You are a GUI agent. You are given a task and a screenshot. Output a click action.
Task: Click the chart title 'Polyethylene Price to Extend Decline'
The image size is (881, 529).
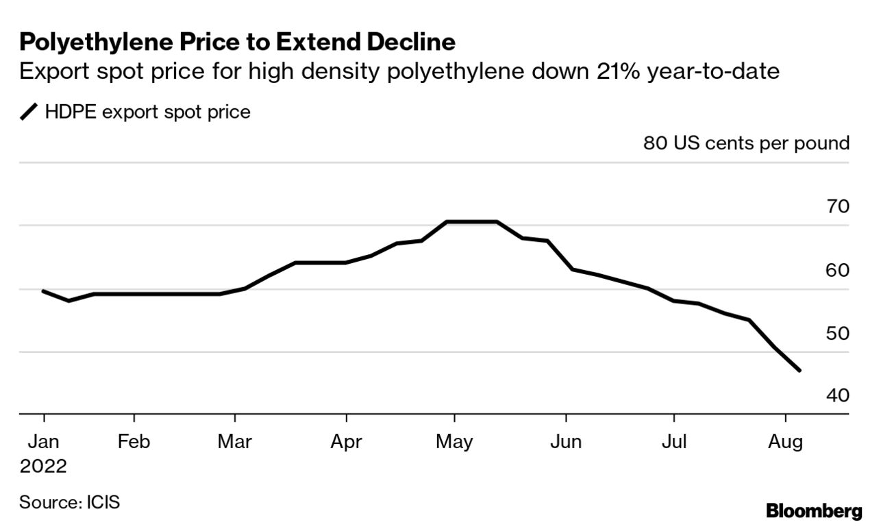pyautogui.click(x=237, y=42)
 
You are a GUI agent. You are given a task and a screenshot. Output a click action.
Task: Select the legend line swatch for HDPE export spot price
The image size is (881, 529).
pyautogui.click(x=29, y=112)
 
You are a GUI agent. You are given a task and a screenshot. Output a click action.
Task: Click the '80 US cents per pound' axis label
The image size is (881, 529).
pyautogui.click(x=746, y=144)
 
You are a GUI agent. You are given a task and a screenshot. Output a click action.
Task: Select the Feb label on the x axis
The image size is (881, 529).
pyautogui.click(x=134, y=442)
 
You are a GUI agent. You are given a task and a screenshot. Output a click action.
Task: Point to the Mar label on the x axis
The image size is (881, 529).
pyautogui.click(x=235, y=442)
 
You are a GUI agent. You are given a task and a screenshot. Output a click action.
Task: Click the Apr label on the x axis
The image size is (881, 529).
pyautogui.click(x=346, y=442)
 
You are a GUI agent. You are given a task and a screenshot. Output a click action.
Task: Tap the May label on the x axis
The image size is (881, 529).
pyautogui.click(x=454, y=442)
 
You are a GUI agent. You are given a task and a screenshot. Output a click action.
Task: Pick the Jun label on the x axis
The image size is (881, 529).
pyautogui.click(x=566, y=442)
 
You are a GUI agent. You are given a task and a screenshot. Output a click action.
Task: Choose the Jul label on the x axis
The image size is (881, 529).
pyautogui.click(x=674, y=442)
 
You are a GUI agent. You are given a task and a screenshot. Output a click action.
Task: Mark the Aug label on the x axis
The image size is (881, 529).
pyautogui.click(x=785, y=442)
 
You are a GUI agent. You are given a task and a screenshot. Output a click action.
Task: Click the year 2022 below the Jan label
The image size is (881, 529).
pyautogui.click(x=43, y=467)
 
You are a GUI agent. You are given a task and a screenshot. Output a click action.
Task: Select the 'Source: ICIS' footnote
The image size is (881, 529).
pyautogui.click(x=69, y=502)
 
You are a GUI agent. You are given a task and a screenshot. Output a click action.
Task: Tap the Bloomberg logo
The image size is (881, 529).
pyautogui.click(x=814, y=510)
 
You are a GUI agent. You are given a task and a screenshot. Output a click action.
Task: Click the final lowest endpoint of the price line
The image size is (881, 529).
pyautogui.click(x=799, y=371)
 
